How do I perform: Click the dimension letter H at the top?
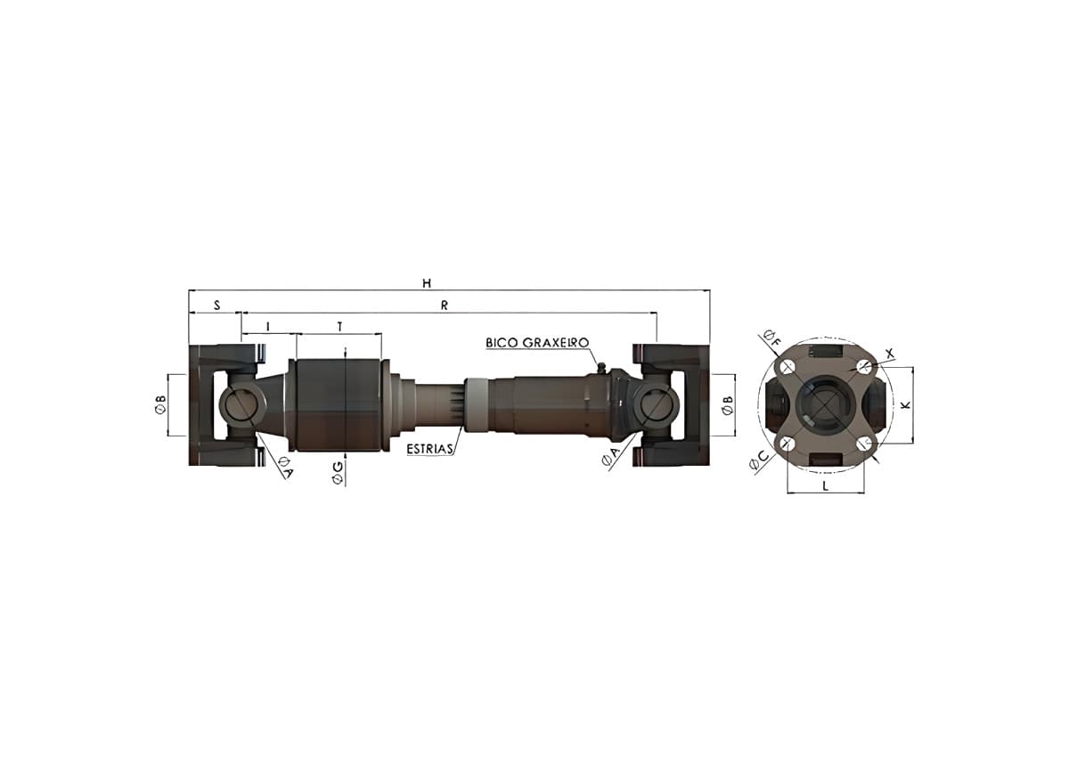click(x=427, y=283)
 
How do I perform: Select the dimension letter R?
click(x=445, y=306)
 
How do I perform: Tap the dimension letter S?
click(x=217, y=306)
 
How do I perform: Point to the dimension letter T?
click(x=339, y=327)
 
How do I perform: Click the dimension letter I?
click(x=268, y=327)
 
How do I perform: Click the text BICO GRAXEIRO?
click(x=537, y=343)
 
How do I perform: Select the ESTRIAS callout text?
click(x=429, y=449)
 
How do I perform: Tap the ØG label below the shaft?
click(x=338, y=473)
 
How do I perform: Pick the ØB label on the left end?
click(x=161, y=403)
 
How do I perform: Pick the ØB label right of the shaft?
click(x=728, y=405)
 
